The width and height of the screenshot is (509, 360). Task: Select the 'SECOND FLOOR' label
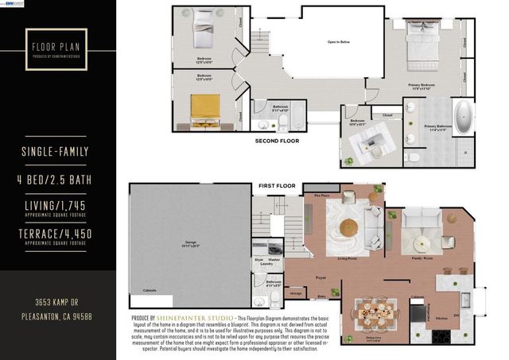tap(276, 141)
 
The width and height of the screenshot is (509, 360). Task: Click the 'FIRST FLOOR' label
tap(276, 186)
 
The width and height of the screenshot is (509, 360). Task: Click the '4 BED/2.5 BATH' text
tap(57, 180)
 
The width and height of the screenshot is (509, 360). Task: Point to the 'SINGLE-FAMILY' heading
tap(57, 152)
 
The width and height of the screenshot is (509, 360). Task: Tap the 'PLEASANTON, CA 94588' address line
tap(57, 317)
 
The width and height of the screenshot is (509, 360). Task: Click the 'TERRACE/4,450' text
tap(57, 234)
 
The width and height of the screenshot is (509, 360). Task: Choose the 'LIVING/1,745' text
tap(57, 207)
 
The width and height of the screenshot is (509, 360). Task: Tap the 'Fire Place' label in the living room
tap(322, 195)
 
